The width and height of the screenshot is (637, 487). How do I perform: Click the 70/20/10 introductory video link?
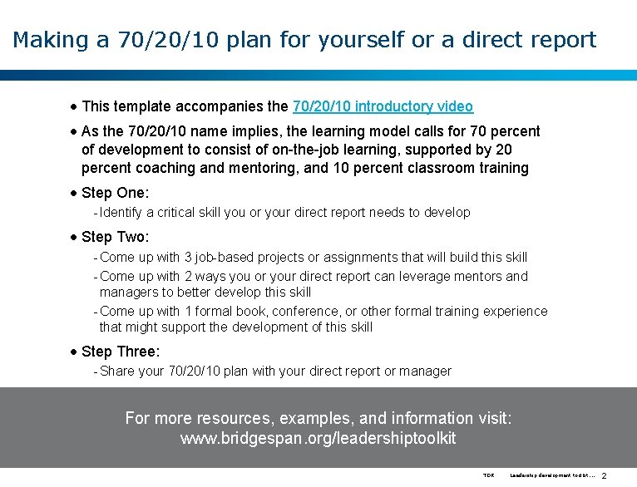(383, 106)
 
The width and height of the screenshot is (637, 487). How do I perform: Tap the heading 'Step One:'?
(116, 193)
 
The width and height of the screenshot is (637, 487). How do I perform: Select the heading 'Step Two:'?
(116, 238)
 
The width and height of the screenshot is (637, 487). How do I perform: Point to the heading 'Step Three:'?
(121, 352)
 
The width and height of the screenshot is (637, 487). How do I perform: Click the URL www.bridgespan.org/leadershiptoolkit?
(318, 438)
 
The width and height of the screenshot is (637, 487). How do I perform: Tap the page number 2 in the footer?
(605, 475)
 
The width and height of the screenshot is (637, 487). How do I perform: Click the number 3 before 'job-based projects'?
(189, 258)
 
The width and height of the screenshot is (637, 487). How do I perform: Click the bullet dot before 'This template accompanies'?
(74, 106)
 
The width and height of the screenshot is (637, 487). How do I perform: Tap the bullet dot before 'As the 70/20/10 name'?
(74, 131)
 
